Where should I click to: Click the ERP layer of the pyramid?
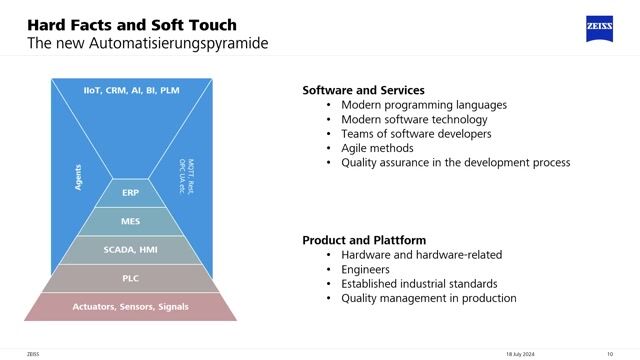point(130,192)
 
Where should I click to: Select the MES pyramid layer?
point(130,220)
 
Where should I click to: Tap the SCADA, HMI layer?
point(130,249)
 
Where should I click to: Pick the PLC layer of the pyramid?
point(130,278)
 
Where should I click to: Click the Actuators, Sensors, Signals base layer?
point(130,306)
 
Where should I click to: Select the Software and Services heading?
point(363,90)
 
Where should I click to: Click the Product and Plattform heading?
point(364,240)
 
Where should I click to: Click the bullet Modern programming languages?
point(424,105)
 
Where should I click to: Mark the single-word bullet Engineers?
point(367,269)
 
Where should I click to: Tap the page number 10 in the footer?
point(609,353)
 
